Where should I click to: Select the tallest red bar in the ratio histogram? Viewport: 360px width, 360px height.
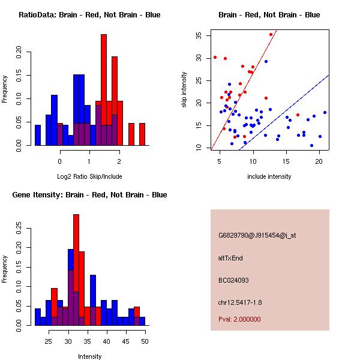pos(104,90)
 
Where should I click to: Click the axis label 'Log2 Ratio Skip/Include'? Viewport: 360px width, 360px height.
pos(89,176)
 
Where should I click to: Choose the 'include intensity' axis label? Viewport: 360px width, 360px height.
pos(269,176)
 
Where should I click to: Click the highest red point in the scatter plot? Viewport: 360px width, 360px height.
pos(271,35)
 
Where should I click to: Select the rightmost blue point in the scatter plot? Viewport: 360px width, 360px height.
pos(325,112)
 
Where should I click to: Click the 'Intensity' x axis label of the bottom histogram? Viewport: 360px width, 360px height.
pos(89,356)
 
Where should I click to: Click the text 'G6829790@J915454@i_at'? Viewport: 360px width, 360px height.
pos(257,235)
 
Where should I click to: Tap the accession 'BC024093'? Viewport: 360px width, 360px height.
pos(233,280)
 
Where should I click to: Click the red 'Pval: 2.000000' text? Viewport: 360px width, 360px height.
pos(239,319)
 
